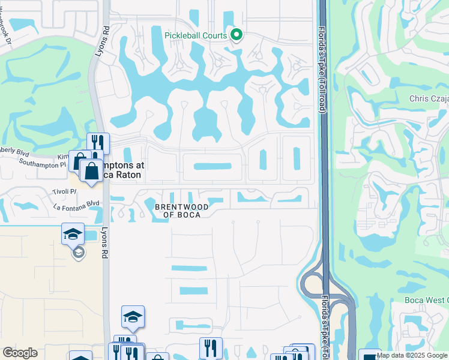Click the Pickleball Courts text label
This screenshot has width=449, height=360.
click(x=197, y=35)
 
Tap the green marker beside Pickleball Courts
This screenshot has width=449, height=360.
click(x=237, y=35)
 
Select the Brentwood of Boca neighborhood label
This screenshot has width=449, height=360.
click(x=182, y=211)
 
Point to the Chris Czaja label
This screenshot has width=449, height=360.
click(x=428, y=99)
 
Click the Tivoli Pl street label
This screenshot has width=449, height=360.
click(x=65, y=191)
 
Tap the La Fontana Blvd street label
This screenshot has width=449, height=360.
click(x=76, y=204)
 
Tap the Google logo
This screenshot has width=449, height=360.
click(x=20, y=353)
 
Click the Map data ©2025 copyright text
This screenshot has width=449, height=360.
click(x=411, y=355)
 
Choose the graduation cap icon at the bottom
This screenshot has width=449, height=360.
click(x=133, y=316)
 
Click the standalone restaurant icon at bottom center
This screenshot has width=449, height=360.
click(x=211, y=347)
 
